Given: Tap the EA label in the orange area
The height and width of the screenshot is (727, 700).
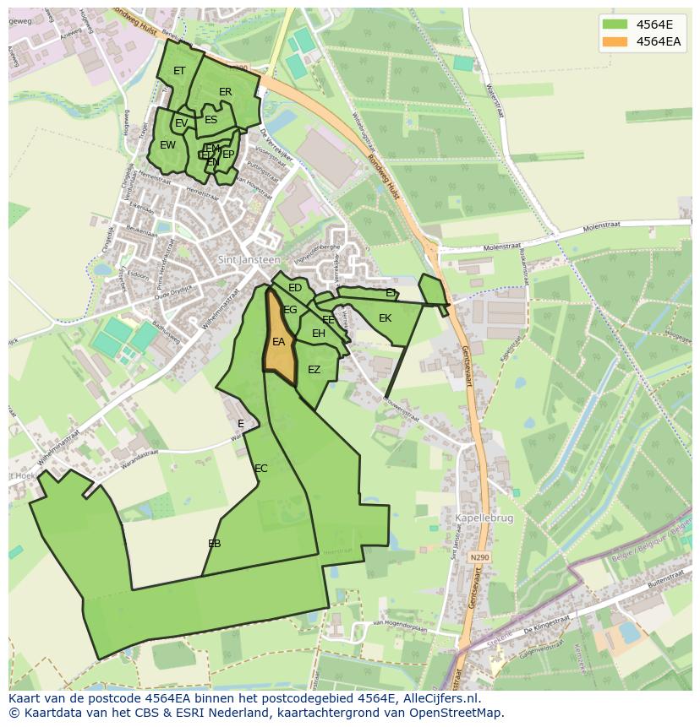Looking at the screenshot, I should (x=278, y=342).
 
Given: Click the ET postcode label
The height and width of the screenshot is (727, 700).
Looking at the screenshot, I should (x=179, y=71).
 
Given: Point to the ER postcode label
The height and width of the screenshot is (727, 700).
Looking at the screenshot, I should (x=226, y=92).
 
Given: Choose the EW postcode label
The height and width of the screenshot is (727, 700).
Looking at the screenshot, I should (x=168, y=145).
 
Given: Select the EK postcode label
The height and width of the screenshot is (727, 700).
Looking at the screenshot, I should (x=386, y=318).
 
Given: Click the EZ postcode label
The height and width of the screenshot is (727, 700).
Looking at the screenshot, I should (x=314, y=370).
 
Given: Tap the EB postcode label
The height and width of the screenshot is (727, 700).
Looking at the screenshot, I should (x=215, y=544).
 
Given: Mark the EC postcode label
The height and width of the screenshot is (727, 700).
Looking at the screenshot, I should (x=261, y=469).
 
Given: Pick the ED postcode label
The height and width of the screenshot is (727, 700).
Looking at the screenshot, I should (x=295, y=288).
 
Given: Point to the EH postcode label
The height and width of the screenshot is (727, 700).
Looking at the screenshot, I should (x=319, y=334).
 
